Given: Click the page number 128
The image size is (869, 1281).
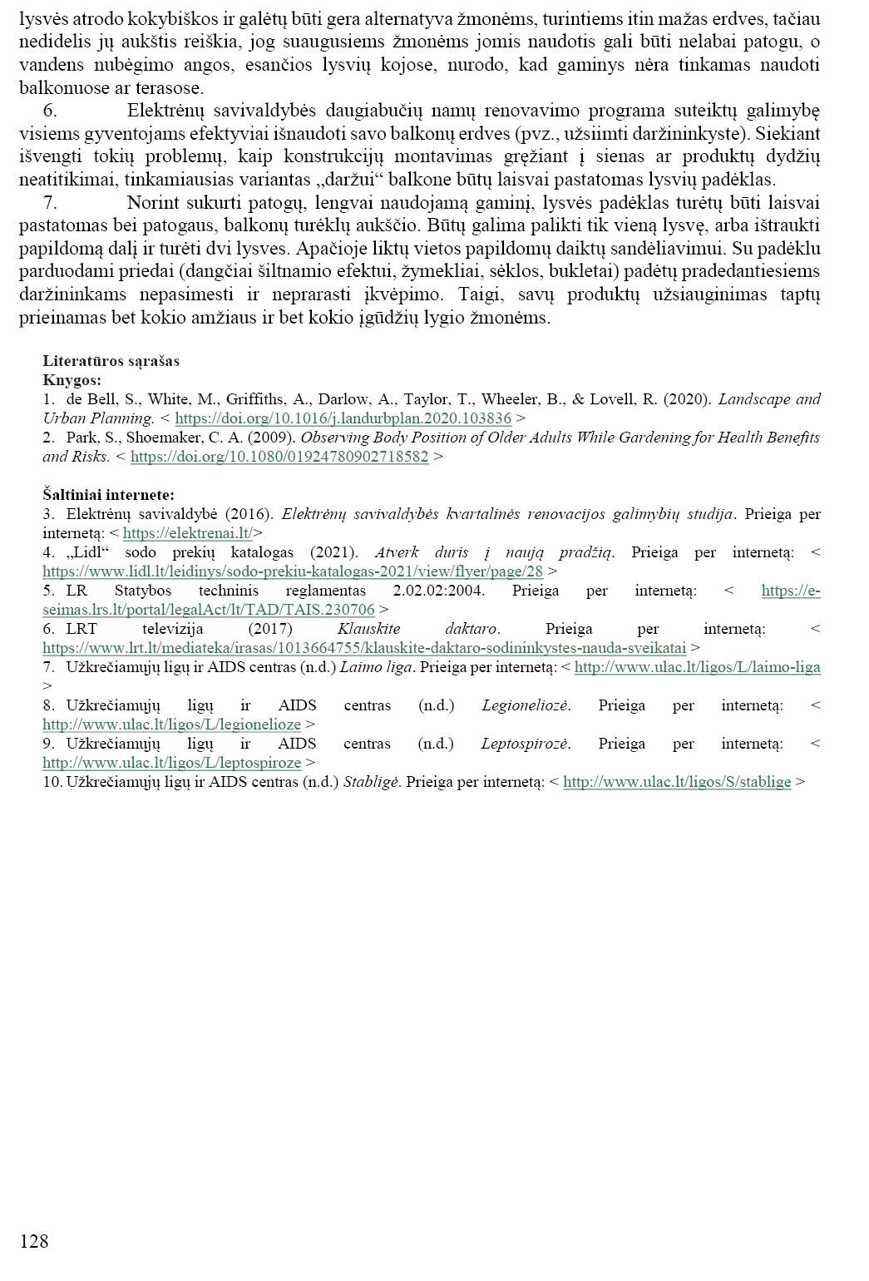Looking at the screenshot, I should (x=34, y=1241).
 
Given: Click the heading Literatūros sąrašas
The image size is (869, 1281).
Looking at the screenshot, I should (x=111, y=361).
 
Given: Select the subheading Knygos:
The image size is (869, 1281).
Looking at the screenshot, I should (x=72, y=379).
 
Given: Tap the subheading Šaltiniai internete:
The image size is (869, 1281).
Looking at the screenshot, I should (x=108, y=495).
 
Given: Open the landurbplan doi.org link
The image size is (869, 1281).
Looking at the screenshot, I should (x=343, y=418).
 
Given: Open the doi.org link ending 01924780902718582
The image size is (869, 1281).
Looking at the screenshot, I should (x=279, y=457).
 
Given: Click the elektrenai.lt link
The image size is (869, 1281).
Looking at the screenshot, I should (x=187, y=533).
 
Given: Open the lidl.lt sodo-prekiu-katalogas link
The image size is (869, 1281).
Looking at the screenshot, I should (x=293, y=571).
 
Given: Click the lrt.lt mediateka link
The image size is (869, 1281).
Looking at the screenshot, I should (x=364, y=647).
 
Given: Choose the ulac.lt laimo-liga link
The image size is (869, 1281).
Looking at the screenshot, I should (x=697, y=667).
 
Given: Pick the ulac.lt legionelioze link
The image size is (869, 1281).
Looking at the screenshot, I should (x=171, y=725).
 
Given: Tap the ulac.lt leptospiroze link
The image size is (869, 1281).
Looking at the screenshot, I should (x=171, y=762).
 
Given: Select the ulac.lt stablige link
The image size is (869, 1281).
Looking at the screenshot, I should (x=677, y=782).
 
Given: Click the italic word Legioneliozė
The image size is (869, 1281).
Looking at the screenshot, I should (x=526, y=705).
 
